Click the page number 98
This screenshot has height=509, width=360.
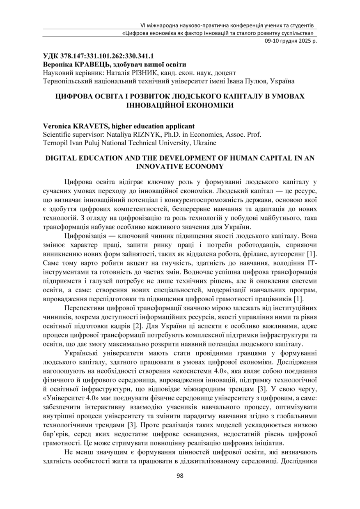point(180,476)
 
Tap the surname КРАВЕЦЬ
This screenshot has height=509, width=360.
point(89,64)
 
